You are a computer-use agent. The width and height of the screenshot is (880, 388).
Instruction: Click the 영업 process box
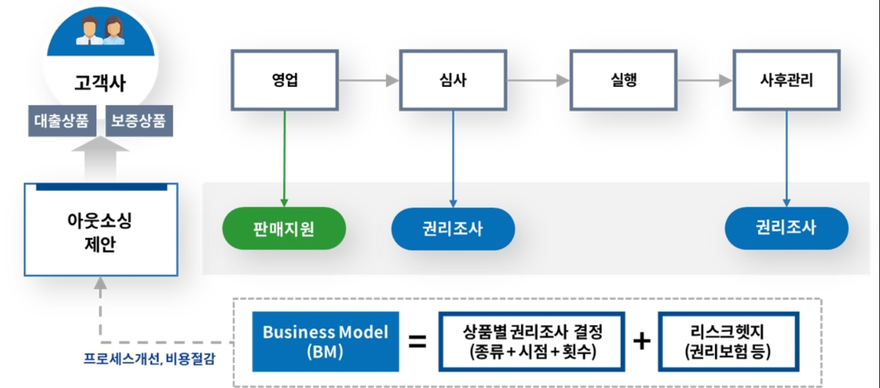284,80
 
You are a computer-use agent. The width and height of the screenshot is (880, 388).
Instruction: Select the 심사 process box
453,80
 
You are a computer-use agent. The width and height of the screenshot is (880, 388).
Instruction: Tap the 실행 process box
623,80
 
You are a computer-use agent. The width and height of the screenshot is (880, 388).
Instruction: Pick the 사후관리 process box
786,80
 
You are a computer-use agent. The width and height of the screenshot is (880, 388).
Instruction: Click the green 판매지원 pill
284,228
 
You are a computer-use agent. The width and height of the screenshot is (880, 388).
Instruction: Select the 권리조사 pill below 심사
453,228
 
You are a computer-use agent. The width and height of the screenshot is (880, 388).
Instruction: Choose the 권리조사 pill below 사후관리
786,228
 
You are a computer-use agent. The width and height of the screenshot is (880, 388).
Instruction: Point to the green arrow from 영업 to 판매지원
284,157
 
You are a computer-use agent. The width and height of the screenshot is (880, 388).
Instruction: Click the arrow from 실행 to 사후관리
704,81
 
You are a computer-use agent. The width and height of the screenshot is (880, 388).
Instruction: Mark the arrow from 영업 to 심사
368,81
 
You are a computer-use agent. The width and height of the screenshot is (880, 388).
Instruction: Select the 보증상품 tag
139,120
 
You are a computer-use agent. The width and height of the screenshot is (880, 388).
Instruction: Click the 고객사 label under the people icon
99,84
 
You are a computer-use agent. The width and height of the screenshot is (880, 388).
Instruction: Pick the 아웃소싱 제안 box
101,231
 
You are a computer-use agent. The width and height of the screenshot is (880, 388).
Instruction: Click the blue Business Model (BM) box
326,341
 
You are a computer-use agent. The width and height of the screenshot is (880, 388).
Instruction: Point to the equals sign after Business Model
418,342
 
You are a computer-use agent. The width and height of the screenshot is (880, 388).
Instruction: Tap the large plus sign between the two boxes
641,342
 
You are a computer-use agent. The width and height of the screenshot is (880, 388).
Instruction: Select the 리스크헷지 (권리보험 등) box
728,342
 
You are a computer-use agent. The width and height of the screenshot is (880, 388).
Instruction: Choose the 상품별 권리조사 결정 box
532,342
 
